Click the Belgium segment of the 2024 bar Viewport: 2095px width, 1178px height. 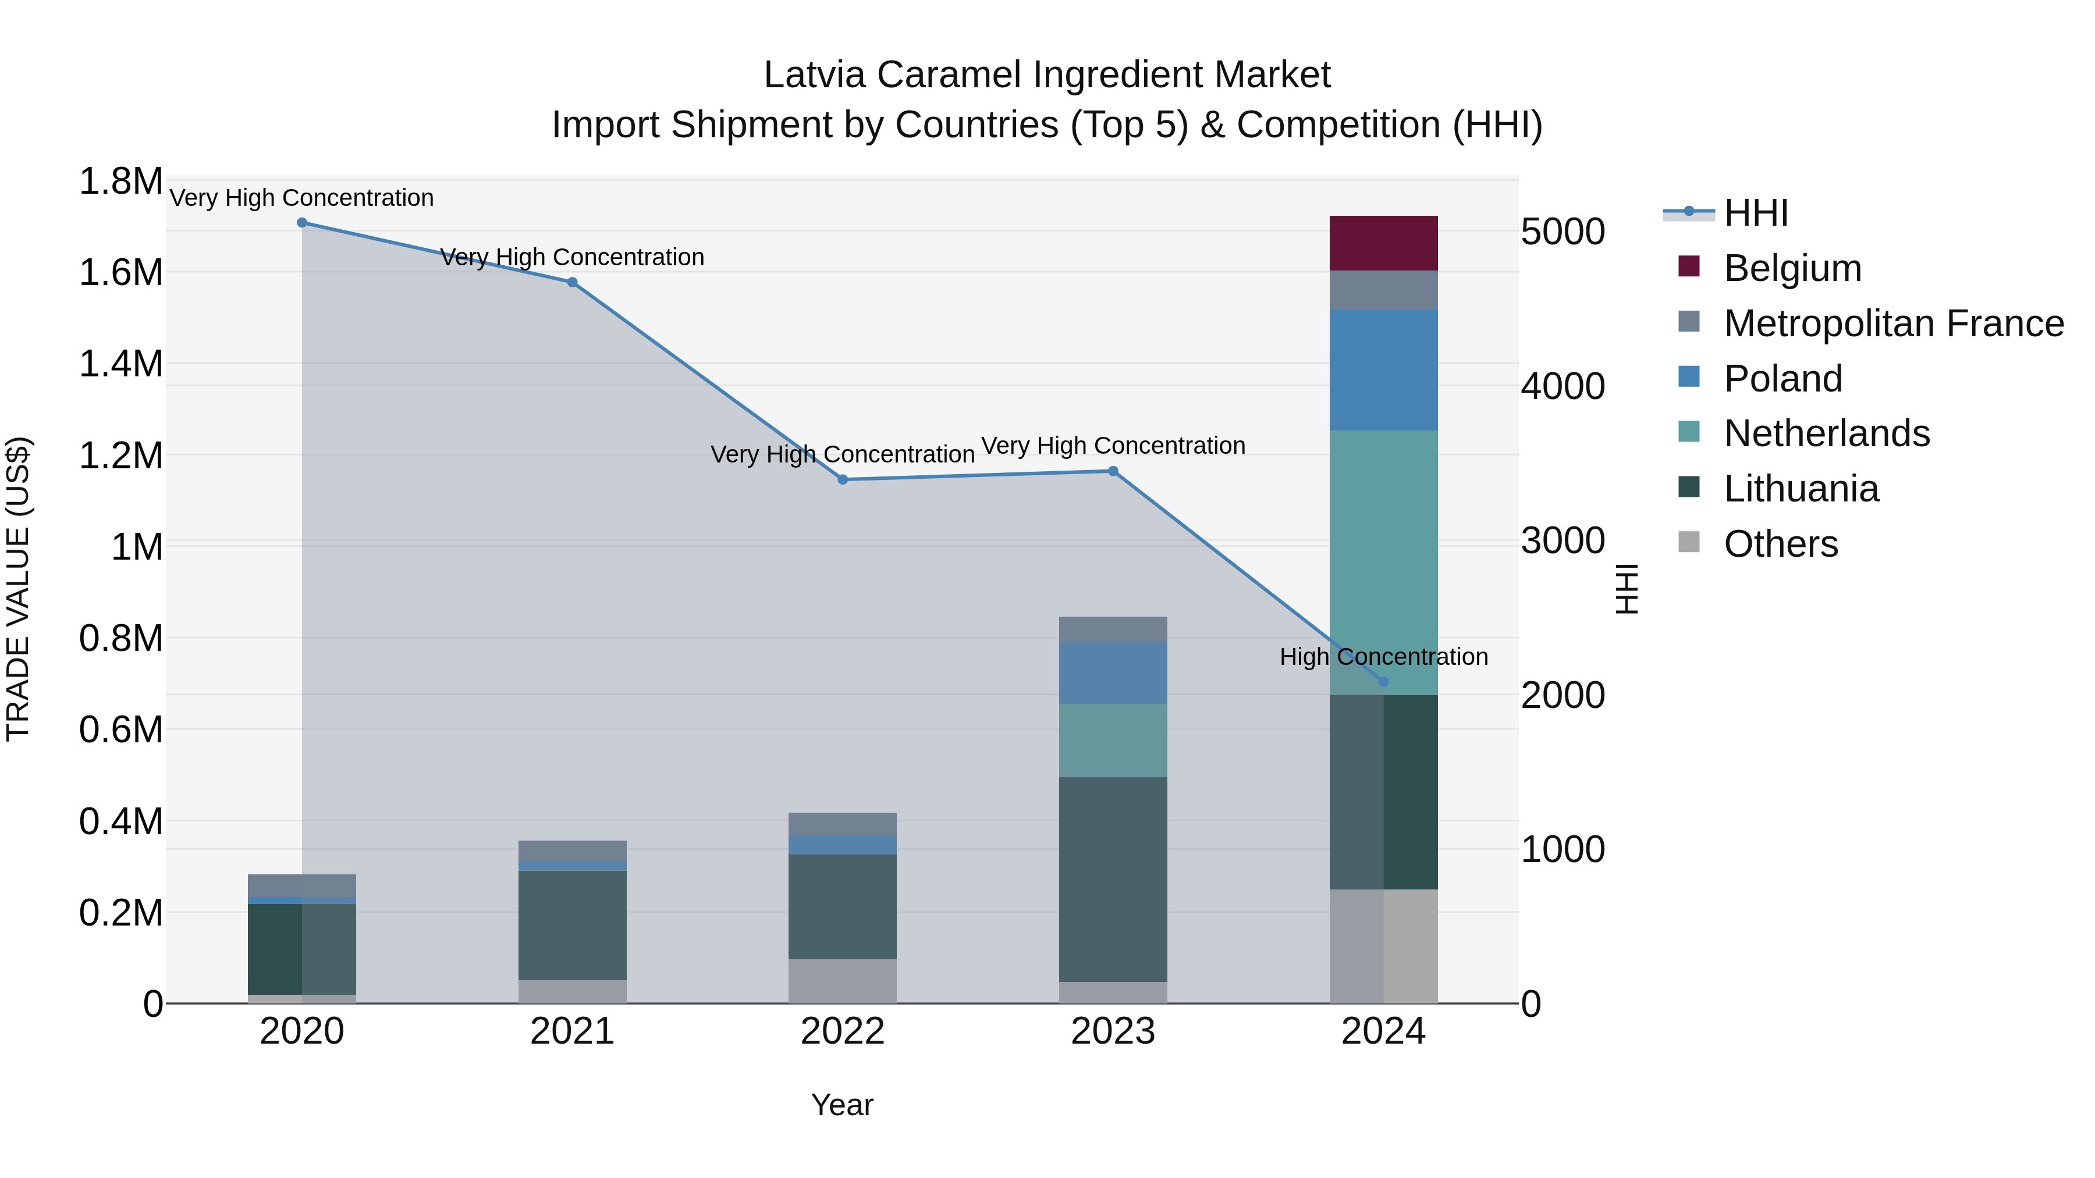click(x=1383, y=243)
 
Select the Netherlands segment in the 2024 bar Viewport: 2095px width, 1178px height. click(x=1383, y=561)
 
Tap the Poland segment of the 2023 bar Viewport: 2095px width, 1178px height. click(x=1113, y=672)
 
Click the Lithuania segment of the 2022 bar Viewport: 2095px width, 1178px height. click(x=843, y=906)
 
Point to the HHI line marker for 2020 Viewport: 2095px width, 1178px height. click(x=301, y=223)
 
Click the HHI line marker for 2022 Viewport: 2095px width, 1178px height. click(x=843, y=480)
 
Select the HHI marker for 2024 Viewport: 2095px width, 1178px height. click(x=1383, y=681)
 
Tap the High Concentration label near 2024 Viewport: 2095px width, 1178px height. click(x=1383, y=657)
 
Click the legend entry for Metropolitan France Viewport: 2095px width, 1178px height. click(x=1893, y=323)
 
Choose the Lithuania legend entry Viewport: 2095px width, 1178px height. click(x=1801, y=489)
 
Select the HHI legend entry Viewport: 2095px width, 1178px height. click(x=1755, y=213)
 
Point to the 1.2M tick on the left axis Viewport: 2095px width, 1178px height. click(x=120, y=456)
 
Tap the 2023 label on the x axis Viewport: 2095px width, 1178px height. click(x=1113, y=1031)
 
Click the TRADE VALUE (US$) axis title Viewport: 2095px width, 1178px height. click(x=18, y=589)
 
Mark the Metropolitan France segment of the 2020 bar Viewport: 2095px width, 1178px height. click(x=301, y=885)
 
